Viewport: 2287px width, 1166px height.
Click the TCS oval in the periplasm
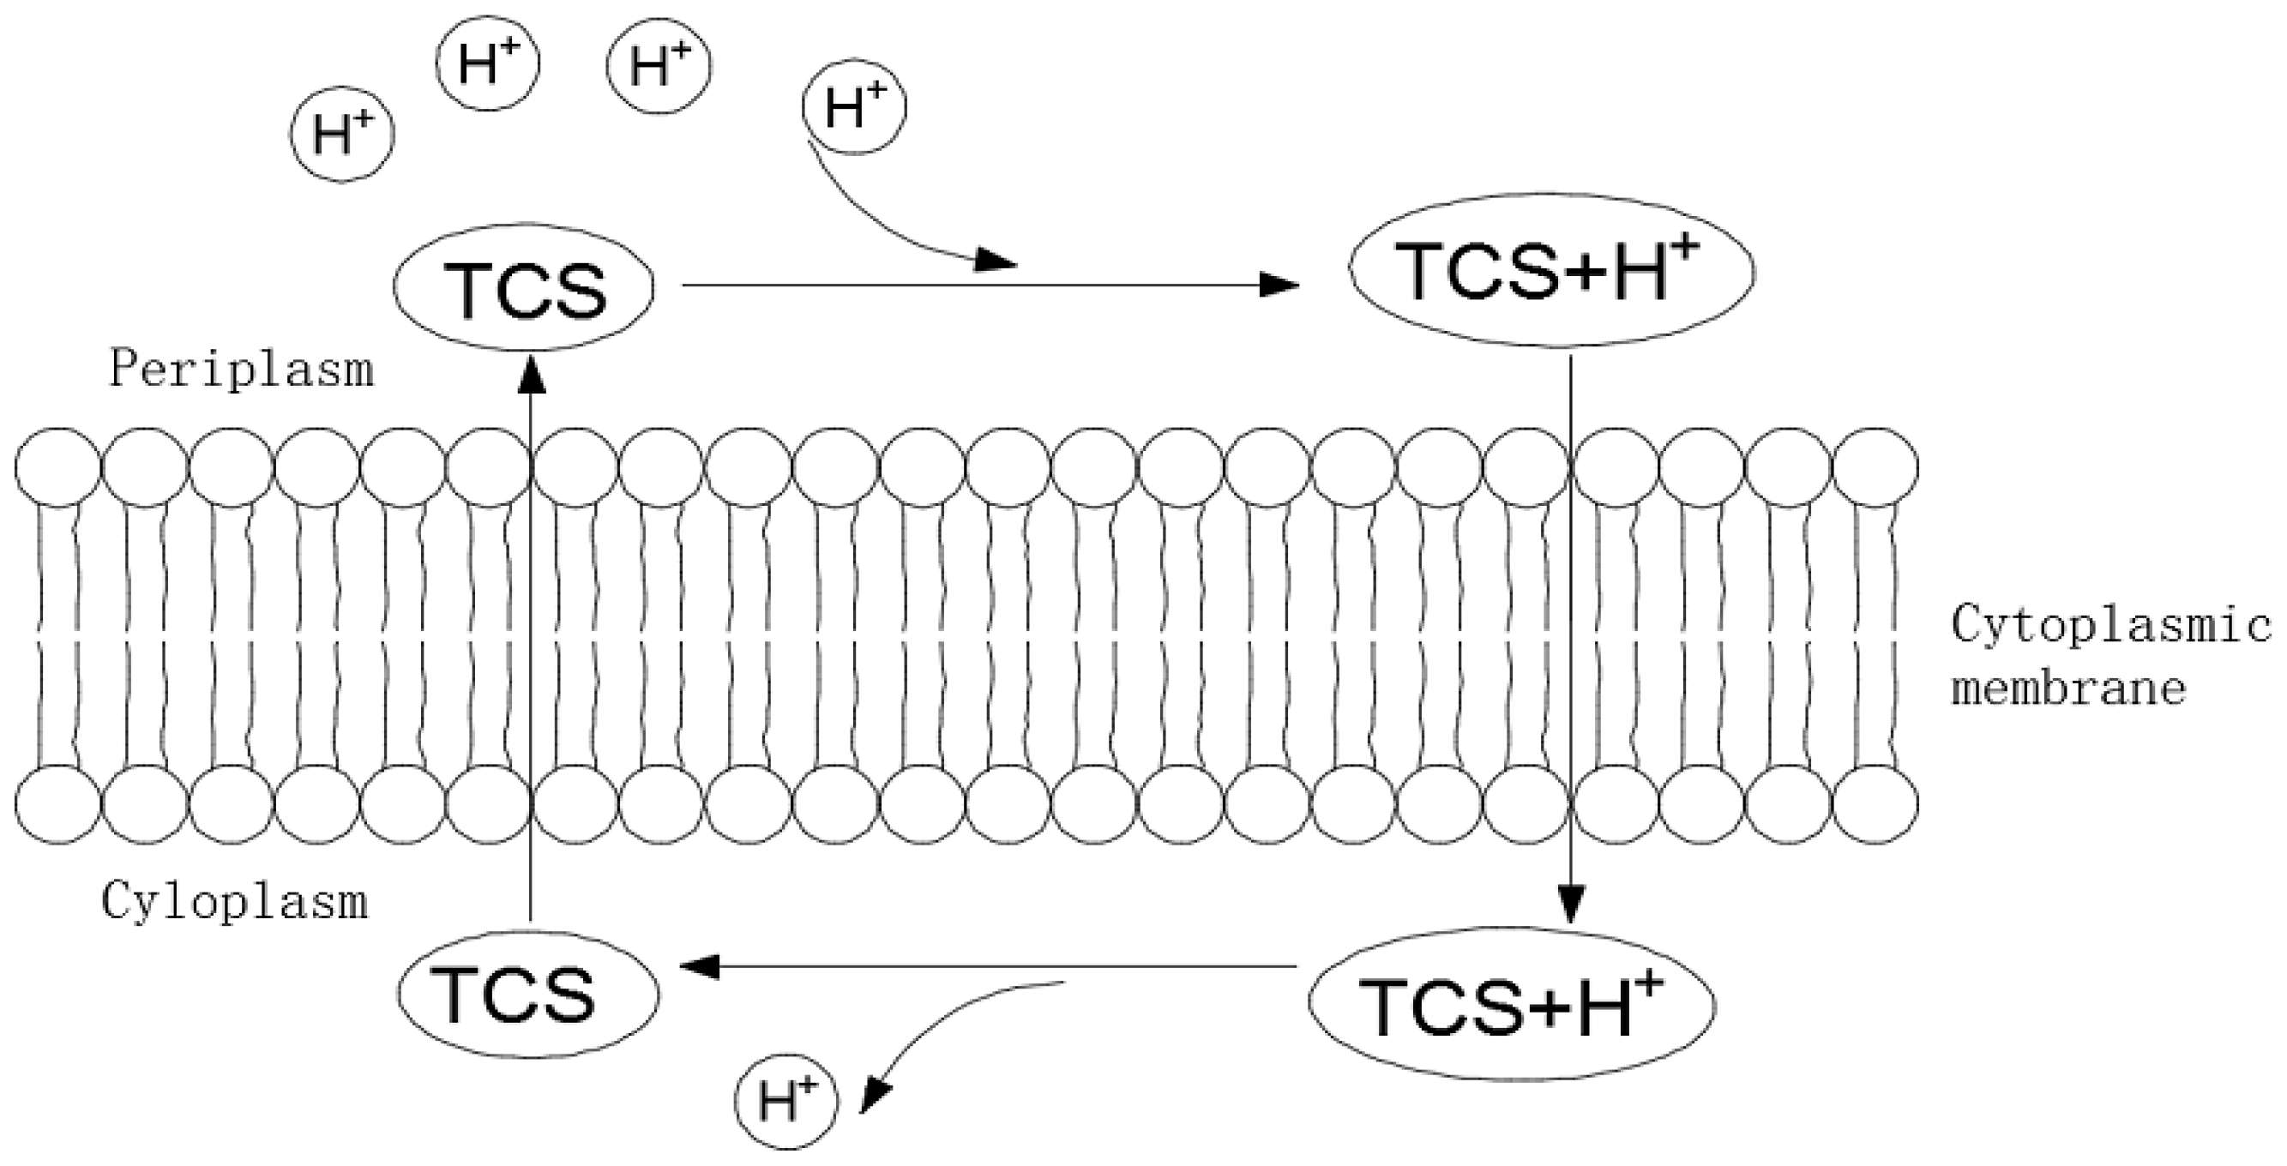tap(524, 287)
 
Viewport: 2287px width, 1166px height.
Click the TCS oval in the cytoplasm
tap(529, 995)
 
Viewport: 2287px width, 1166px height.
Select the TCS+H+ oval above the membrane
tap(1551, 270)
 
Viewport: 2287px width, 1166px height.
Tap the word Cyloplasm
tap(234, 903)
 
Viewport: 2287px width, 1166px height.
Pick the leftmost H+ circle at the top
tap(342, 135)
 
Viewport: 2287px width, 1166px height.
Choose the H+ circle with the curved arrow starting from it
tap(854, 107)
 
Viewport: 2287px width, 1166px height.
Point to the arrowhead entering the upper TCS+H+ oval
tap(1280, 285)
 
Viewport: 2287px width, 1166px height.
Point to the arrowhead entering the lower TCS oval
tap(700, 967)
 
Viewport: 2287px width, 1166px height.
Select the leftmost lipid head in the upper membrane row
tap(57, 467)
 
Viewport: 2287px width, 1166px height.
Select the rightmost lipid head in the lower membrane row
tap(1875, 804)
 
